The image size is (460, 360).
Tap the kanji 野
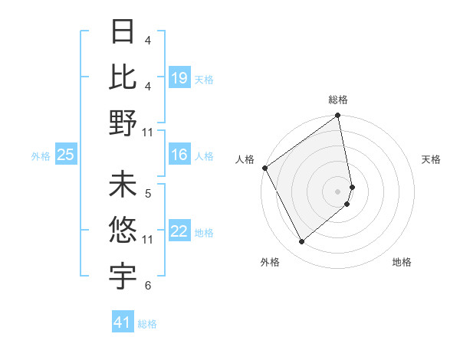point(123,123)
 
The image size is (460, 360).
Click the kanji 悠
point(123,230)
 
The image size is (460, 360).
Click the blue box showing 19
point(179,77)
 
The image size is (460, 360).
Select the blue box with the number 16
point(179,155)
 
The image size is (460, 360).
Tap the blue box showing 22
point(179,231)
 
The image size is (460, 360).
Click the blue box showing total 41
point(123,322)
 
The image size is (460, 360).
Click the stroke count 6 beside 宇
point(148,286)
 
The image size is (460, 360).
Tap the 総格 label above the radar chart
point(338,100)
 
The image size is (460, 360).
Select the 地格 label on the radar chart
point(402,262)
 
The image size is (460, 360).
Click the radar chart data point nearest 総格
point(338,116)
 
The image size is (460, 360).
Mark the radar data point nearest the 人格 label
point(264,168)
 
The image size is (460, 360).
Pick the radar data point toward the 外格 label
point(301,242)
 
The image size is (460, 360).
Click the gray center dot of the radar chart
point(337,191)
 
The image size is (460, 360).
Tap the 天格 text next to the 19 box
point(204,79)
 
